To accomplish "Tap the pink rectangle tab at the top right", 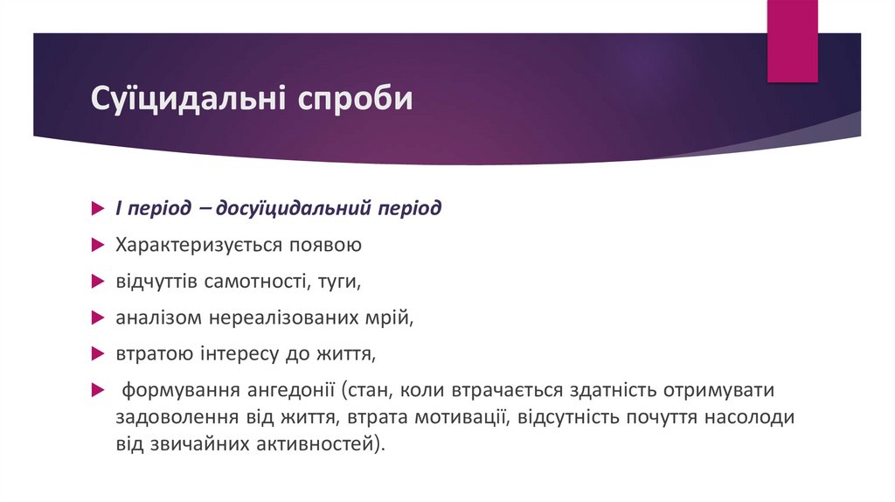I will [x=792, y=41].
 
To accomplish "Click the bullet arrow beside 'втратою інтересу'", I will [x=98, y=354].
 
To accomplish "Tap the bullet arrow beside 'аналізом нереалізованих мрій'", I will [x=98, y=318].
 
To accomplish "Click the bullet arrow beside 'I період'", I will [x=98, y=210].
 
